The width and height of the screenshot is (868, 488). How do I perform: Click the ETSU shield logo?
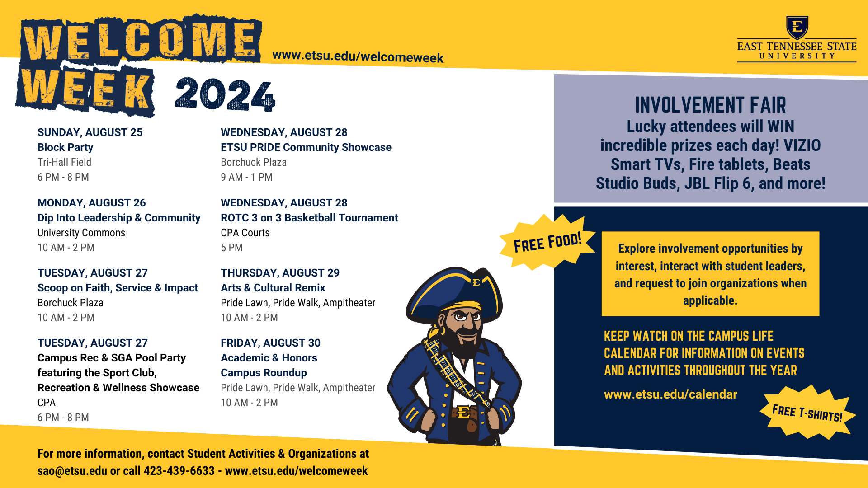pyautogui.click(x=797, y=28)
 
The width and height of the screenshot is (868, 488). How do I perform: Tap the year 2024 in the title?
pyautogui.click(x=225, y=94)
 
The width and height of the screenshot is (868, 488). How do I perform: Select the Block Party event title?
pyautogui.click(x=65, y=147)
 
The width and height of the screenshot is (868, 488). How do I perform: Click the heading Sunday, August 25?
pyautogui.click(x=90, y=132)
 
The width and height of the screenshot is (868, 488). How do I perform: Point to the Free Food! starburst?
pyautogui.click(x=547, y=243)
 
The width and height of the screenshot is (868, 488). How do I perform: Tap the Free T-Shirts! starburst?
pyautogui.click(x=807, y=413)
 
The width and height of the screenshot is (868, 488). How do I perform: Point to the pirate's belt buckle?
pyautogui.click(x=464, y=412)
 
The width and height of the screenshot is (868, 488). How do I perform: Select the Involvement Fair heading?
pyautogui.click(x=710, y=105)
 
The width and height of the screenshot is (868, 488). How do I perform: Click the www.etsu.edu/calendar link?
pyautogui.click(x=670, y=394)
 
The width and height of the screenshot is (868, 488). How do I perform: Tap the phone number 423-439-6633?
pyautogui.click(x=179, y=471)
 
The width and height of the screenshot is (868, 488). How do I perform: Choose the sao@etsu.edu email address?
pyautogui.click(x=72, y=471)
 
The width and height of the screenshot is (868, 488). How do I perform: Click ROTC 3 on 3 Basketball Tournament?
pyautogui.click(x=309, y=218)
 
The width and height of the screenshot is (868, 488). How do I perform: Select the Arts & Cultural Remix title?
pyautogui.click(x=273, y=288)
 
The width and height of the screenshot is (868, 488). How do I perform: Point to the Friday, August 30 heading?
pyautogui.click(x=270, y=343)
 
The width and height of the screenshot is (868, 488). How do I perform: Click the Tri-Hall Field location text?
pyautogui.click(x=64, y=162)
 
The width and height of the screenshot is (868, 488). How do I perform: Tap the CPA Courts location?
pyautogui.click(x=245, y=233)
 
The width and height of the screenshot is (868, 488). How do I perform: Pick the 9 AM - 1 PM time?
pyautogui.click(x=246, y=177)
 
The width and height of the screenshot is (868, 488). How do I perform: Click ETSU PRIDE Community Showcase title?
pyautogui.click(x=306, y=147)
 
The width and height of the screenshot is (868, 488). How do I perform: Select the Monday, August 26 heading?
pyautogui.click(x=91, y=203)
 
